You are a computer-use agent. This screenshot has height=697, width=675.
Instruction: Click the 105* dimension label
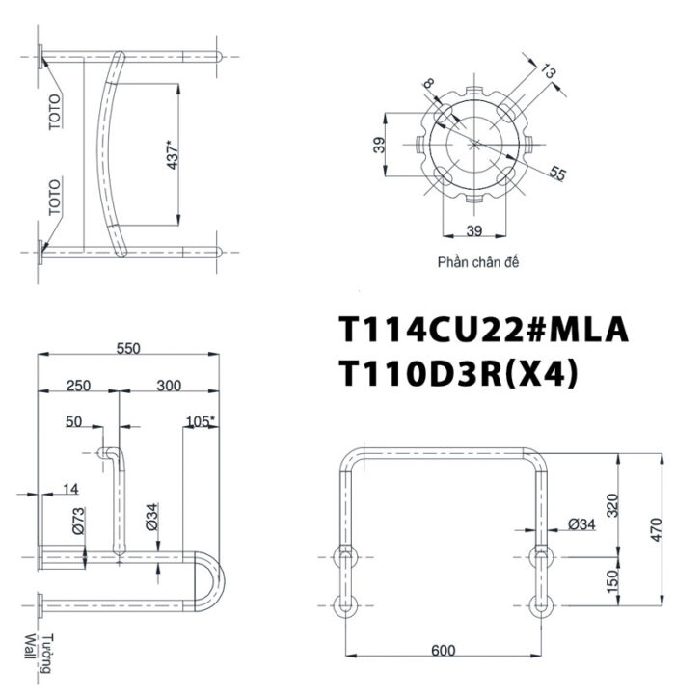(202, 421)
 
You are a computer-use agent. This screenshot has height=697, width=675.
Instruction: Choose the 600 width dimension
(443, 650)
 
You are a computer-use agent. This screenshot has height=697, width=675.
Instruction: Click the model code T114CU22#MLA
(483, 330)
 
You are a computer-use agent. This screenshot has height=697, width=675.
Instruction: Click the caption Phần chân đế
(477, 261)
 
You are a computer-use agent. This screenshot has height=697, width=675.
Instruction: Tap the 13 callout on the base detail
(551, 71)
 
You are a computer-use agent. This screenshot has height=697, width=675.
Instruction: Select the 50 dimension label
(74, 421)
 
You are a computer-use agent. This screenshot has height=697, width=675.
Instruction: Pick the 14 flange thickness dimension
(70, 490)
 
